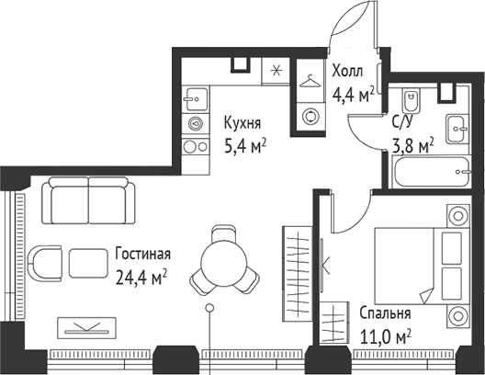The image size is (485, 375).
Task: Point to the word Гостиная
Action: click(142, 255)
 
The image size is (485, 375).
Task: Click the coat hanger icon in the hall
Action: click(310, 79)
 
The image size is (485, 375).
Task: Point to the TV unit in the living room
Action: click(87, 326)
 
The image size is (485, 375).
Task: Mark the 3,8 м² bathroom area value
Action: click(400, 143)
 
